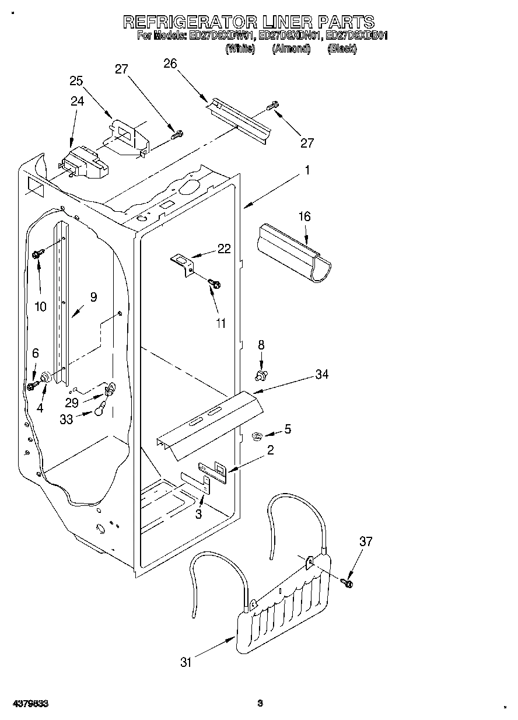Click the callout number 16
pos(304,216)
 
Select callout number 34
pos(322,375)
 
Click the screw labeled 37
pos(349,581)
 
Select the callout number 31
pos(185,662)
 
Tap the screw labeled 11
pos(215,284)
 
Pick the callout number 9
pos(93,297)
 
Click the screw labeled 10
pos(38,254)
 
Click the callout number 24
pos(77,100)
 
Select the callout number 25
pos(76,81)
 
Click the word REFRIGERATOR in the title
pos(190,22)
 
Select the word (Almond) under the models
pos(290,50)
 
